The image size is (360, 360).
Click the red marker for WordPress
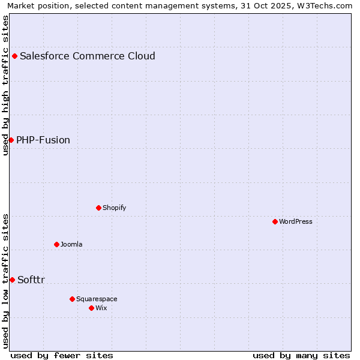pyautogui.click(x=275, y=221)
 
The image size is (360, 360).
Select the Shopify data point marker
pyautogui.click(x=98, y=208)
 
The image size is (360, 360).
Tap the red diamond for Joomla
pyautogui.click(x=56, y=244)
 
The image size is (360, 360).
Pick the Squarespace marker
pyautogui.click(x=72, y=299)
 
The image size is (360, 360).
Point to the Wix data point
pyautogui.click(x=91, y=308)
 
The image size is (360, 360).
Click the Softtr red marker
pyautogui.click(x=12, y=280)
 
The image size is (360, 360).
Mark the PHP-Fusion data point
pyautogui.click(x=11, y=140)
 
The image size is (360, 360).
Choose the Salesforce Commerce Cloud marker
pyautogui.click(x=14, y=56)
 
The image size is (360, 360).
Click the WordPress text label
pyautogui.click(x=296, y=221)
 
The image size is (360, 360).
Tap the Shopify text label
pyautogui.click(x=114, y=208)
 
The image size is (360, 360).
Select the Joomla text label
pyautogui.click(x=71, y=244)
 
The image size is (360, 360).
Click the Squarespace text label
pyautogui.click(x=97, y=299)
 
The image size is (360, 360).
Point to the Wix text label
pyautogui.click(x=101, y=308)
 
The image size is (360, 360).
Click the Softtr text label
pyautogui.click(x=31, y=280)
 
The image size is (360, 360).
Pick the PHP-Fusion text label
pyautogui.click(x=43, y=140)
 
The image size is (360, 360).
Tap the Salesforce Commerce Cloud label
pyautogui.click(x=88, y=56)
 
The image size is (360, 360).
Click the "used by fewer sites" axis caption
pyautogui.click(x=62, y=355)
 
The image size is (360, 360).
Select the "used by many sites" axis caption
pyautogui.click(x=301, y=355)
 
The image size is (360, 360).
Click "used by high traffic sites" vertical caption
pyautogui.click(x=5, y=85)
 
